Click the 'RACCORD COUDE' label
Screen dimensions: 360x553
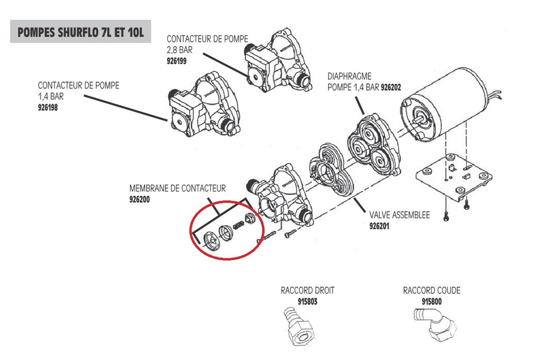pyautogui.click(x=432, y=291)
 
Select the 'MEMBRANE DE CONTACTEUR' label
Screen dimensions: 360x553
pyautogui.click(x=177, y=189)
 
